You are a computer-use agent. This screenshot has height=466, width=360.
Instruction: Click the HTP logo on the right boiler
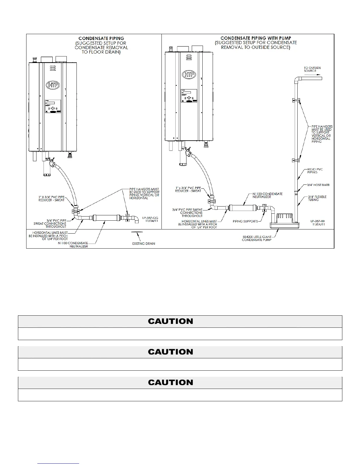189,74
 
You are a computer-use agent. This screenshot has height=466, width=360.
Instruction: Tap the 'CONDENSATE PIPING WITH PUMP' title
256,38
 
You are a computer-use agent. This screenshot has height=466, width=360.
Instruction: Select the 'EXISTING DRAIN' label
144,244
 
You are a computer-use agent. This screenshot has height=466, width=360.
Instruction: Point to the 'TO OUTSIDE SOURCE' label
312,69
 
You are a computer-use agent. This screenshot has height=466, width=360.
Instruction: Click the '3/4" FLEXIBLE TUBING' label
317,198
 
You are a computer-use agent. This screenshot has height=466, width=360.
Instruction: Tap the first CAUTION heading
171,321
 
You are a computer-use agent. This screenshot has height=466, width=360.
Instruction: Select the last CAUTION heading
171,382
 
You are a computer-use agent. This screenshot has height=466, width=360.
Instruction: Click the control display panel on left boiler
53,106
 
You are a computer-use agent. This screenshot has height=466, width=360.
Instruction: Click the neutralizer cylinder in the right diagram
243,209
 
